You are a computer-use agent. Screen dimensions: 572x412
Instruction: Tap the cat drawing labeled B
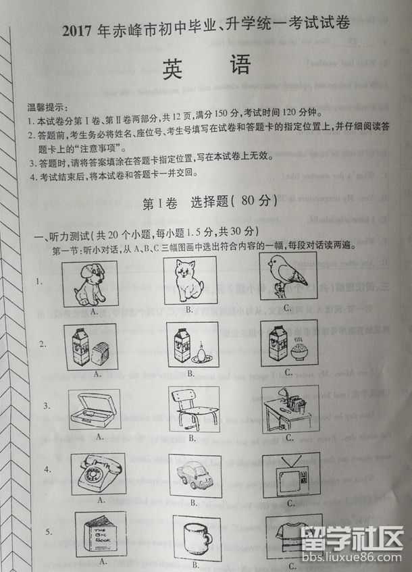[190, 280]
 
